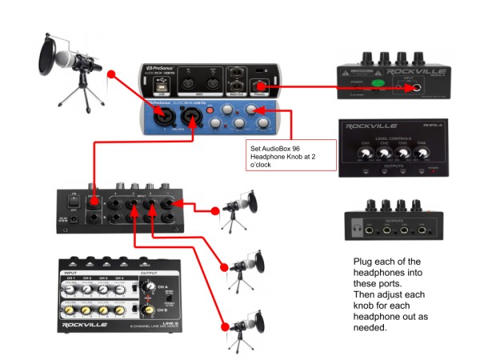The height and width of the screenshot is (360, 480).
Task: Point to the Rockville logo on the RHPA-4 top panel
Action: pyautogui.click(x=375, y=126)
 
